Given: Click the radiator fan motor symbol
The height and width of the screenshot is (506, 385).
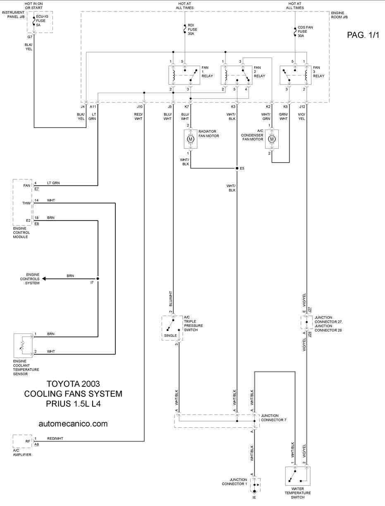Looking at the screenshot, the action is [x=190, y=139].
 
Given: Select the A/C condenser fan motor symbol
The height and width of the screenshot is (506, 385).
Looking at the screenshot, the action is [x=272, y=139].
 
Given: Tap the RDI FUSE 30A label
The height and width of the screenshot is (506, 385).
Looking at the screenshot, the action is [x=192, y=29].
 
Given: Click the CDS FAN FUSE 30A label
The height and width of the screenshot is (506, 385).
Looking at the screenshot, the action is [x=305, y=31].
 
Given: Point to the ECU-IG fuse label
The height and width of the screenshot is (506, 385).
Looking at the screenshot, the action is [x=42, y=21].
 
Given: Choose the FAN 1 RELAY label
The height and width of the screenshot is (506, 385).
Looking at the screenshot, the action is [x=207, y=72].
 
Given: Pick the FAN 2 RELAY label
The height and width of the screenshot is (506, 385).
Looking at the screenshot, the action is [x=259, y=72].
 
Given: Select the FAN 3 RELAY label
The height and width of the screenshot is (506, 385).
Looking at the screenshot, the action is [x=319, y=72].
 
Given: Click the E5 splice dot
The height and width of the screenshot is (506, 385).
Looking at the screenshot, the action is [x=237, y=168].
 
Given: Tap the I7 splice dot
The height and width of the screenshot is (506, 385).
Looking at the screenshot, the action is [x=98, y=279].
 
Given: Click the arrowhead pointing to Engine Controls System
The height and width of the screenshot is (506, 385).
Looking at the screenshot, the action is [x=44, y=279].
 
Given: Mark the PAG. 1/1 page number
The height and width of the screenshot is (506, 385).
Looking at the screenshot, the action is [x=363, y=35].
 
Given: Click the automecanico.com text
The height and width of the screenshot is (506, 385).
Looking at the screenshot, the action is [x=73, y=424].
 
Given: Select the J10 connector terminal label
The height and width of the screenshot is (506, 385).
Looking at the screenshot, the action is [x=140, y=107].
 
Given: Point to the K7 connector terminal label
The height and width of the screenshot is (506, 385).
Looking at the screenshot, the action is [x=187, y=107].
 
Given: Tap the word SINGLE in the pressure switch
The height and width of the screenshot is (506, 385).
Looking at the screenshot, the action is [x=170, y=336].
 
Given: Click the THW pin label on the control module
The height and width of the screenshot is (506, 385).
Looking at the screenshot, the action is [x=26, y=203].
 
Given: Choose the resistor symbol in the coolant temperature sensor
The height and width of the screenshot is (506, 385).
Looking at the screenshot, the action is [x=22, y=345].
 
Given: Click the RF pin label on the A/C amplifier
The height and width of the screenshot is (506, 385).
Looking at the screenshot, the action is [x=28, y=441].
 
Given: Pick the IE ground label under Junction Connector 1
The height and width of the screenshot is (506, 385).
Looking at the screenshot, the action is [x=254, y=497].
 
